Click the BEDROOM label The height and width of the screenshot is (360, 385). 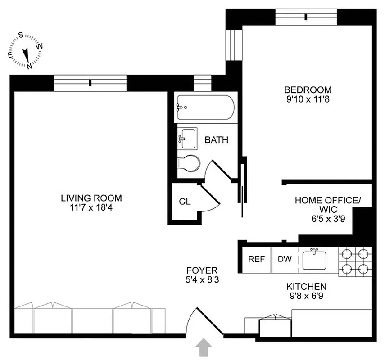[308, 90]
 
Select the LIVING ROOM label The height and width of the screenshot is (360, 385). [91, 198]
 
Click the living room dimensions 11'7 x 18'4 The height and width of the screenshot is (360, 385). [91, 207]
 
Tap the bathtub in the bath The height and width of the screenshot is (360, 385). [205, 107]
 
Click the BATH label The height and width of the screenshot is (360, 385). [216, 140]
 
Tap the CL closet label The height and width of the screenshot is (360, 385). [185, 202]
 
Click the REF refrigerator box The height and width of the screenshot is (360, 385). [257, 259]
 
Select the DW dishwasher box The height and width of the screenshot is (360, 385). [284, 259]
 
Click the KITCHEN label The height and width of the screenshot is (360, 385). [306, 286]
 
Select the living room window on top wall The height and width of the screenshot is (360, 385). [91, 82]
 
